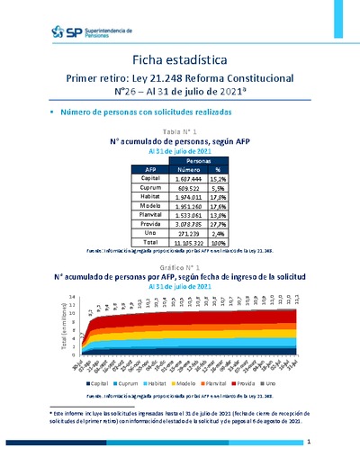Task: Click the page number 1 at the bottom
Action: (x=308, y=443)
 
